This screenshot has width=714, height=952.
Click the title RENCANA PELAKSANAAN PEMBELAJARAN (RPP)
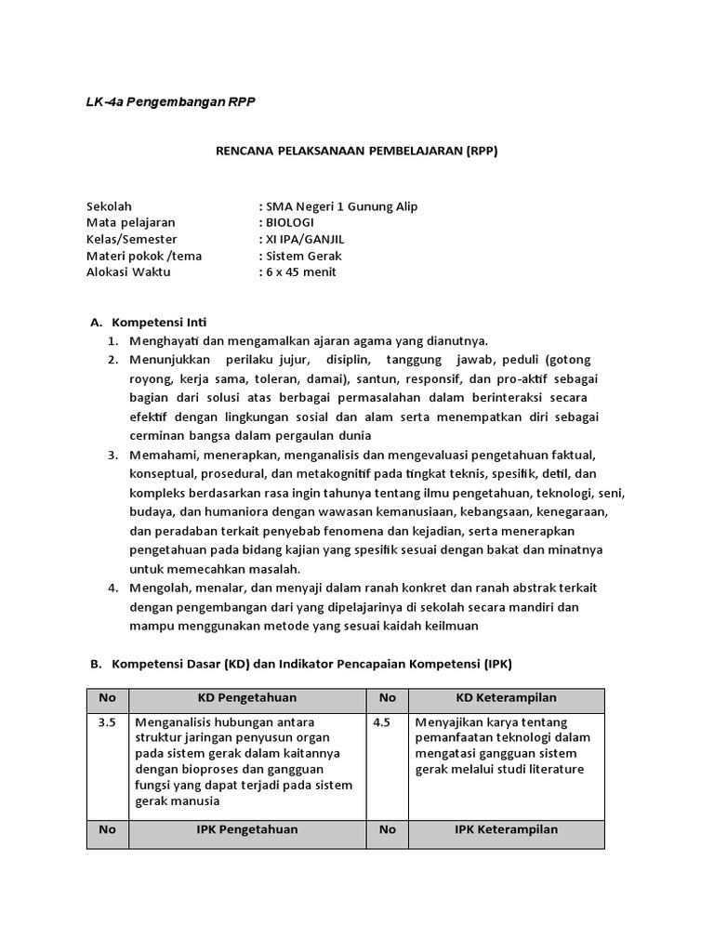pyautogui.click(x=357, y=152)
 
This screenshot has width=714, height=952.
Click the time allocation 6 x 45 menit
pyautogui.click(x=300, y=272)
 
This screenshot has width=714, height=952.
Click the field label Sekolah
pyautogui.click(x=109, y=206)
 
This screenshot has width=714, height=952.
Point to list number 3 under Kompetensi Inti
pyautogui.click(x=112, y=456)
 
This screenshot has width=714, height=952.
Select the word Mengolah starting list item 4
pyautogui.click(x=160, y=588)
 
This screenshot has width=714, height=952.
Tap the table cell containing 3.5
pyautogui.click(x=108, y=722)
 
